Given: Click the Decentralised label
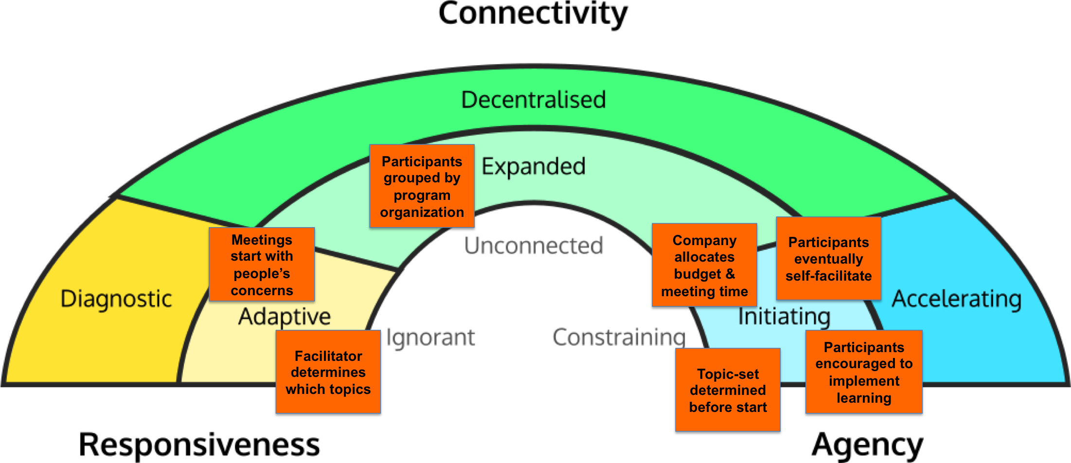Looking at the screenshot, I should click(x=534, y=100).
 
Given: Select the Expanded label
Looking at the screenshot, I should click(x=534, y=166).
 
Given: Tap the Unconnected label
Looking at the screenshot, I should click(x=534, y=245).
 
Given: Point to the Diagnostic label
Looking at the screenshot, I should click(x=116, y=299).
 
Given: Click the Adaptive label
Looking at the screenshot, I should click(x=285, y=316).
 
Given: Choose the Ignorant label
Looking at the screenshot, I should click(x=430, y=338).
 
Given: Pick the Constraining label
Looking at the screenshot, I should click(x=619, y=337).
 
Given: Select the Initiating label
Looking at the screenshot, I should click(x=784, y=316).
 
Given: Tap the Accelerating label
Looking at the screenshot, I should click(x=956, y=299).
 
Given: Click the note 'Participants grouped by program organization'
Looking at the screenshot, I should click(x=422, y=186).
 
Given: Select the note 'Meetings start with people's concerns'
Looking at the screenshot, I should click(x=262, y=265).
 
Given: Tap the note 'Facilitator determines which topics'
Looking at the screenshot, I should click(x=328, y=372).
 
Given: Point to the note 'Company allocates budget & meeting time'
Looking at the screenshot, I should click(x=704, y=265).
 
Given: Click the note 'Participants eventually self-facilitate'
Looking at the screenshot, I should click(x=828, y=258).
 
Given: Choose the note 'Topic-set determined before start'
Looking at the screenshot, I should click(x=728, y=390).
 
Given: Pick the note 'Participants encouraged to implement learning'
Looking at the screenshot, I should click(x=864, y=372).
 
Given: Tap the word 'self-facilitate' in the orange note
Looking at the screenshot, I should click(x=828, y=276).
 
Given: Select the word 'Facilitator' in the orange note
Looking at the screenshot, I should click(x=328, y=356).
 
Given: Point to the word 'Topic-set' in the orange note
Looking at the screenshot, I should click(x=728, y=374).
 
